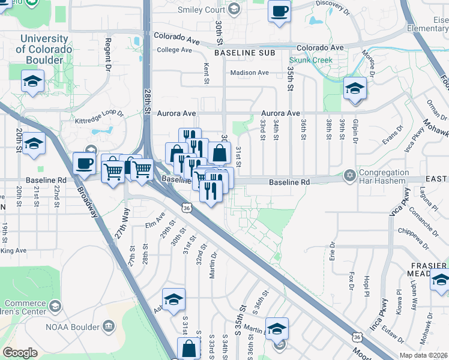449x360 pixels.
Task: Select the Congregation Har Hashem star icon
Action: click(349, 176)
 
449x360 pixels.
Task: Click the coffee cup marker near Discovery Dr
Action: click(280, 11)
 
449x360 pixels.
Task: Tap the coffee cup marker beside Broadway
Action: click(84, 163)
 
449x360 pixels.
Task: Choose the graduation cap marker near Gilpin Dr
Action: click(355, 89)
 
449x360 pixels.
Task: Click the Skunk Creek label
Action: click(311, 60)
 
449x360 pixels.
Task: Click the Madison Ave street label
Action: click(250, 73)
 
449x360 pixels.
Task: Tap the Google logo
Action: click(20, 353)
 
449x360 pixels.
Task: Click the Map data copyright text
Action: click(424, 355)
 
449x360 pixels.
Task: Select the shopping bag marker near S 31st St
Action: click(188, 348)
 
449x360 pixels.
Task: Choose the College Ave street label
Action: click(173, 50)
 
